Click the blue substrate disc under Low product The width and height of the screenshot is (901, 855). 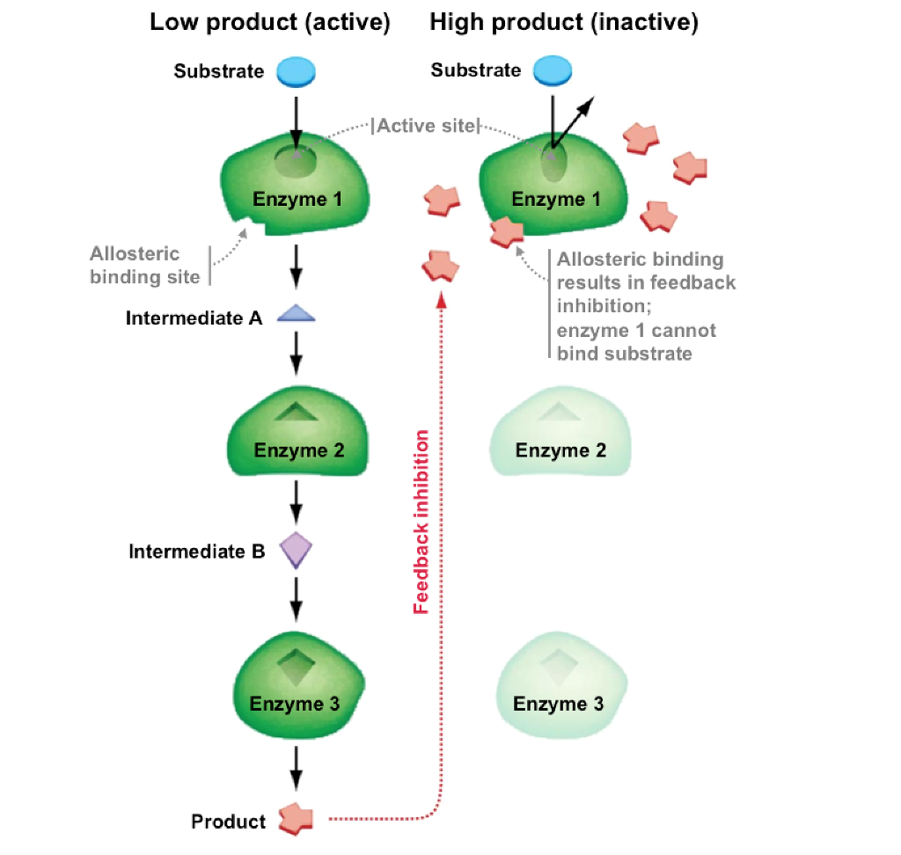[x=296, y=71]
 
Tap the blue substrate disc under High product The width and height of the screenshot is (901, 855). [x=553, y=71]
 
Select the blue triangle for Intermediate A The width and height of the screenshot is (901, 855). [x=296, y=316]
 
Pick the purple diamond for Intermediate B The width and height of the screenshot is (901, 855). [x=297, y=551]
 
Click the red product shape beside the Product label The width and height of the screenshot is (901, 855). [x=296, y=820]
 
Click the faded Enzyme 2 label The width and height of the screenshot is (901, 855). [x=560, y=451]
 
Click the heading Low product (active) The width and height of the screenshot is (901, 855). [x=269, y=23]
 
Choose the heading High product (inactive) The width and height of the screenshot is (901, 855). [x=564, y=23]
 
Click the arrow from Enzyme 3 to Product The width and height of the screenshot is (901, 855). [x=297, y=767]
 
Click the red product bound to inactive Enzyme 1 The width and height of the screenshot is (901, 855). [x=506, y=231]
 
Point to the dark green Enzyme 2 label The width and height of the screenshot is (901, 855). [x=297, y=451]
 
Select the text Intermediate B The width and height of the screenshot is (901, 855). [x=196, y=552]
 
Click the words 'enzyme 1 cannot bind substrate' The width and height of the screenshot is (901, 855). [x=636, y=342]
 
